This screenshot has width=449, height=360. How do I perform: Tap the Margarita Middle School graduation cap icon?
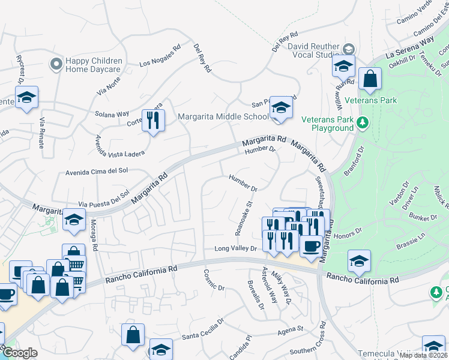[x=280, y=108]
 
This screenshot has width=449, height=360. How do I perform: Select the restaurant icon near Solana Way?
[x=153, y=121]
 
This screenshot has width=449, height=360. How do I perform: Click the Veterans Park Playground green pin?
[x=362, y=123]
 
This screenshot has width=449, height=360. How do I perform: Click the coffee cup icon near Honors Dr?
[x=310, y=245]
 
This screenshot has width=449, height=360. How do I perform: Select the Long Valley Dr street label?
[x=235, y=248]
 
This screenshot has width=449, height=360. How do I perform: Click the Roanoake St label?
[x=243, y=218]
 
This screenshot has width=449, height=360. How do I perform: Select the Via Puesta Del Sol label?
[x=104, y=197]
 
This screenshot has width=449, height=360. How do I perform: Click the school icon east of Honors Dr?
[x=358, y=261]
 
